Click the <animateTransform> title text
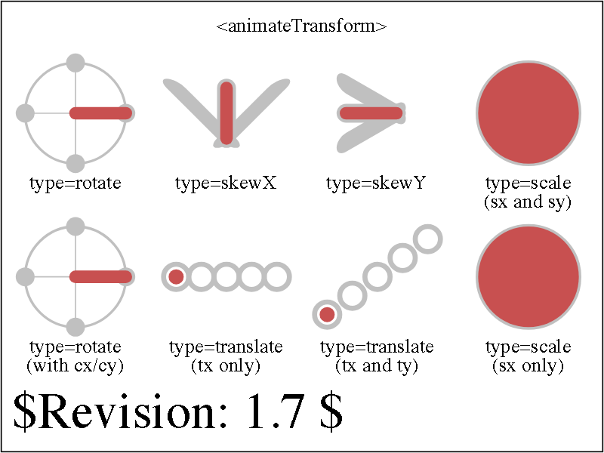301,26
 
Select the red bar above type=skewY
371,113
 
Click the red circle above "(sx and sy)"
528,113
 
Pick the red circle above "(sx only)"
528,276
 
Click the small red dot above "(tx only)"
176,277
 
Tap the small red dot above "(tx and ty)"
327,314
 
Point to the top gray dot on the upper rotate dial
75,63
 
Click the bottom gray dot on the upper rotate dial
75,164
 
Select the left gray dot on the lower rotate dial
26,276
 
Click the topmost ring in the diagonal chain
428,239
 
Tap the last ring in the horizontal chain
277,276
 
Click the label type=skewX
226,183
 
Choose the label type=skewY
375,183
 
